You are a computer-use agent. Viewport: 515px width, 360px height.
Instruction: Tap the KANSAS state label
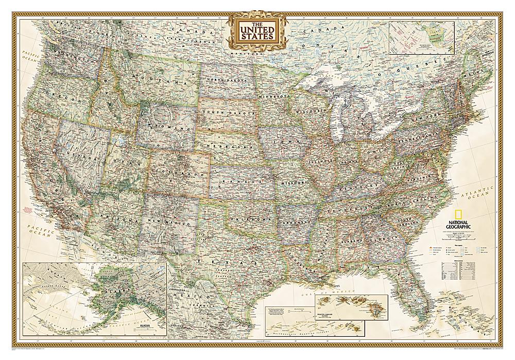point(236,180)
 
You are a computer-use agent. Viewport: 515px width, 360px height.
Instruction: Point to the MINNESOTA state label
point(276,96)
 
